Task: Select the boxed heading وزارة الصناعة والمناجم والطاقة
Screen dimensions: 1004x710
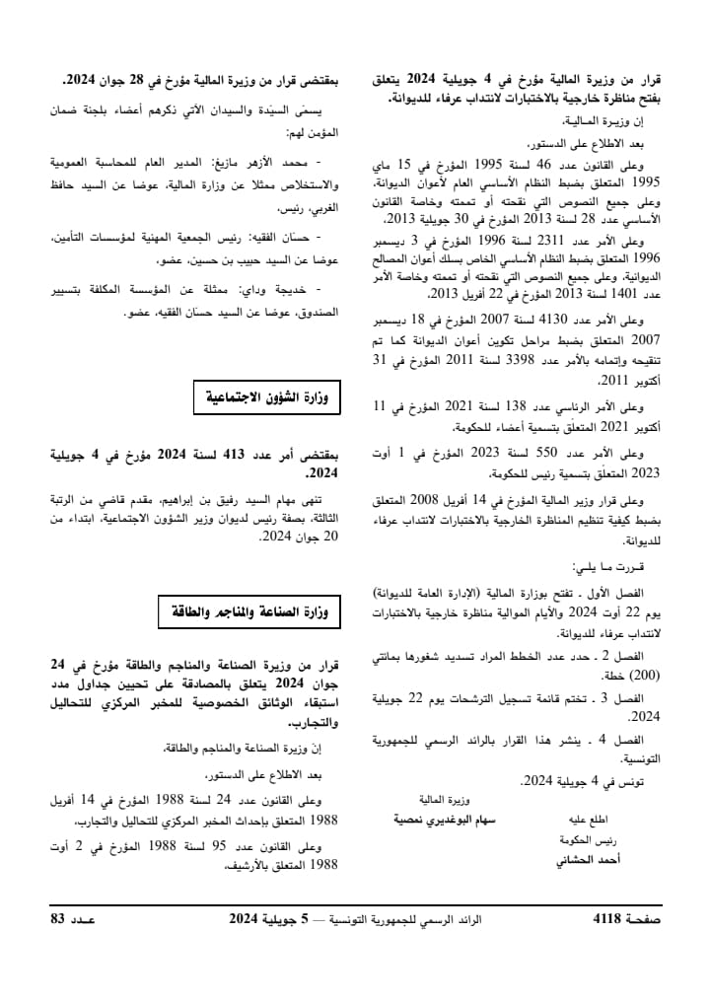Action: pos(249,612)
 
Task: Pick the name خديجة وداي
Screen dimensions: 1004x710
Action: pos(279,289)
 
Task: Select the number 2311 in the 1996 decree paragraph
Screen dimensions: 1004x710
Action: pos(547,242)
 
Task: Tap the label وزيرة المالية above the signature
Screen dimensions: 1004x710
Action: pos(445,799)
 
